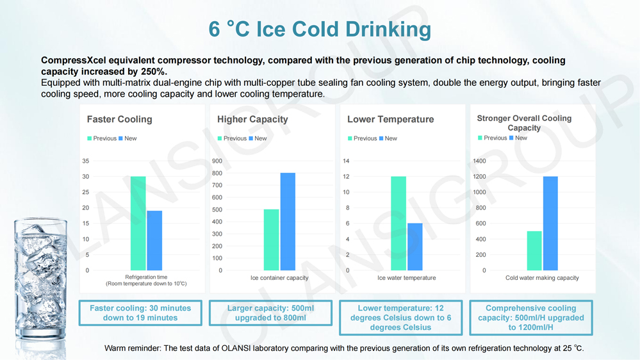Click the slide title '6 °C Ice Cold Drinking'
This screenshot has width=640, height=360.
click(x=320, y=29)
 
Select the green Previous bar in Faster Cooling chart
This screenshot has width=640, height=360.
click(x=138, y=224)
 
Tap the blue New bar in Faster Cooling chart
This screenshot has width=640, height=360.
click(x=154, y=241)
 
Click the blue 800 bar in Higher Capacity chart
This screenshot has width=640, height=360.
click(x=288, y=222)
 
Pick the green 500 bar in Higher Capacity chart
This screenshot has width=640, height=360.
click(x=271, y=240)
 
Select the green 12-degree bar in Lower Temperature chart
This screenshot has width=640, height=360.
click(x=398, y=224)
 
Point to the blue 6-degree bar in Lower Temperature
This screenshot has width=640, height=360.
click(x=415, y=247)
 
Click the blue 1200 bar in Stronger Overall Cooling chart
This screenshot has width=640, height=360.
click(x=550, y=224)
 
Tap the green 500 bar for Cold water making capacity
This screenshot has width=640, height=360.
click(x=534, y=251)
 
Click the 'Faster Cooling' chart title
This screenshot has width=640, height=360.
click(x=119, y=119)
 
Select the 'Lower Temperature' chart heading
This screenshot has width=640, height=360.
click(x=390, y=119)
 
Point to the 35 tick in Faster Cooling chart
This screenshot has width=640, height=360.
click(x=86, y=161)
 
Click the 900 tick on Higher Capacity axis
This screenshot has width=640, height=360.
click(x=217, y=161)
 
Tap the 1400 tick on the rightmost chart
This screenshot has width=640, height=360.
click(x=479, y=161)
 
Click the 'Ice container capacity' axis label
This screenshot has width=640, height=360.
click(x=279, y=278)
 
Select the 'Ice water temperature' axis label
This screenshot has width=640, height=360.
click(x=406, y=278)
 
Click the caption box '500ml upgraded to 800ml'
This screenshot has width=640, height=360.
click(x=270, y=313)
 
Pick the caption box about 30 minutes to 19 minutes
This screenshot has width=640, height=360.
click(x=140, y=313)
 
